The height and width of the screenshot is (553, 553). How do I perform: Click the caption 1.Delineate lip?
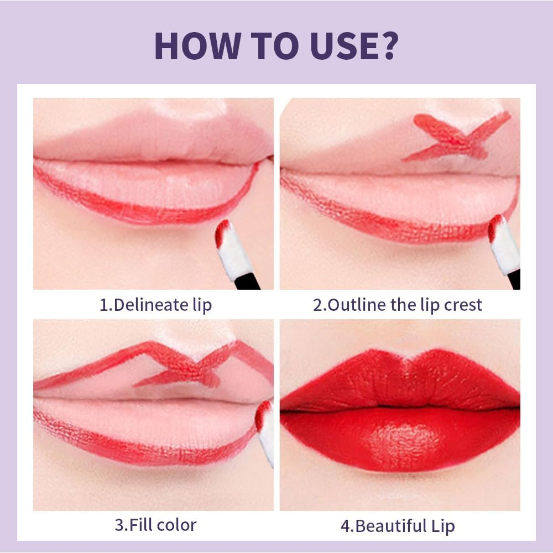point(155,305)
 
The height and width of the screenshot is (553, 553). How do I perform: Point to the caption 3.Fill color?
point(155,524)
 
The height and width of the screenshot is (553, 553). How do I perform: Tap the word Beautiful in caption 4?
point(390,526)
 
